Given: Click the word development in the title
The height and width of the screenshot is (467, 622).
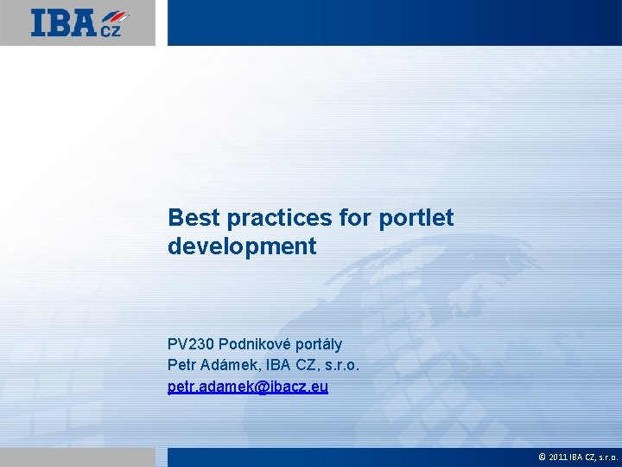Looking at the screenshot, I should point(242,246).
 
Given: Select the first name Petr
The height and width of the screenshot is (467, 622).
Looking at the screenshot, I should point(182,366).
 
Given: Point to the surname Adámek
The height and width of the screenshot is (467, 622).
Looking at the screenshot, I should point(230,366).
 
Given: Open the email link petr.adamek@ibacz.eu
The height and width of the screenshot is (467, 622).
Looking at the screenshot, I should point(248,387).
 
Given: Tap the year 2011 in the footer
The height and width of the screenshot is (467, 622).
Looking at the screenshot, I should point(557,457).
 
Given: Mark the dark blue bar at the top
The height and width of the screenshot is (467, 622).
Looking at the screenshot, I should point(394,22).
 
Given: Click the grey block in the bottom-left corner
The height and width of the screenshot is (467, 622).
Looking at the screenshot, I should point(78,457).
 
